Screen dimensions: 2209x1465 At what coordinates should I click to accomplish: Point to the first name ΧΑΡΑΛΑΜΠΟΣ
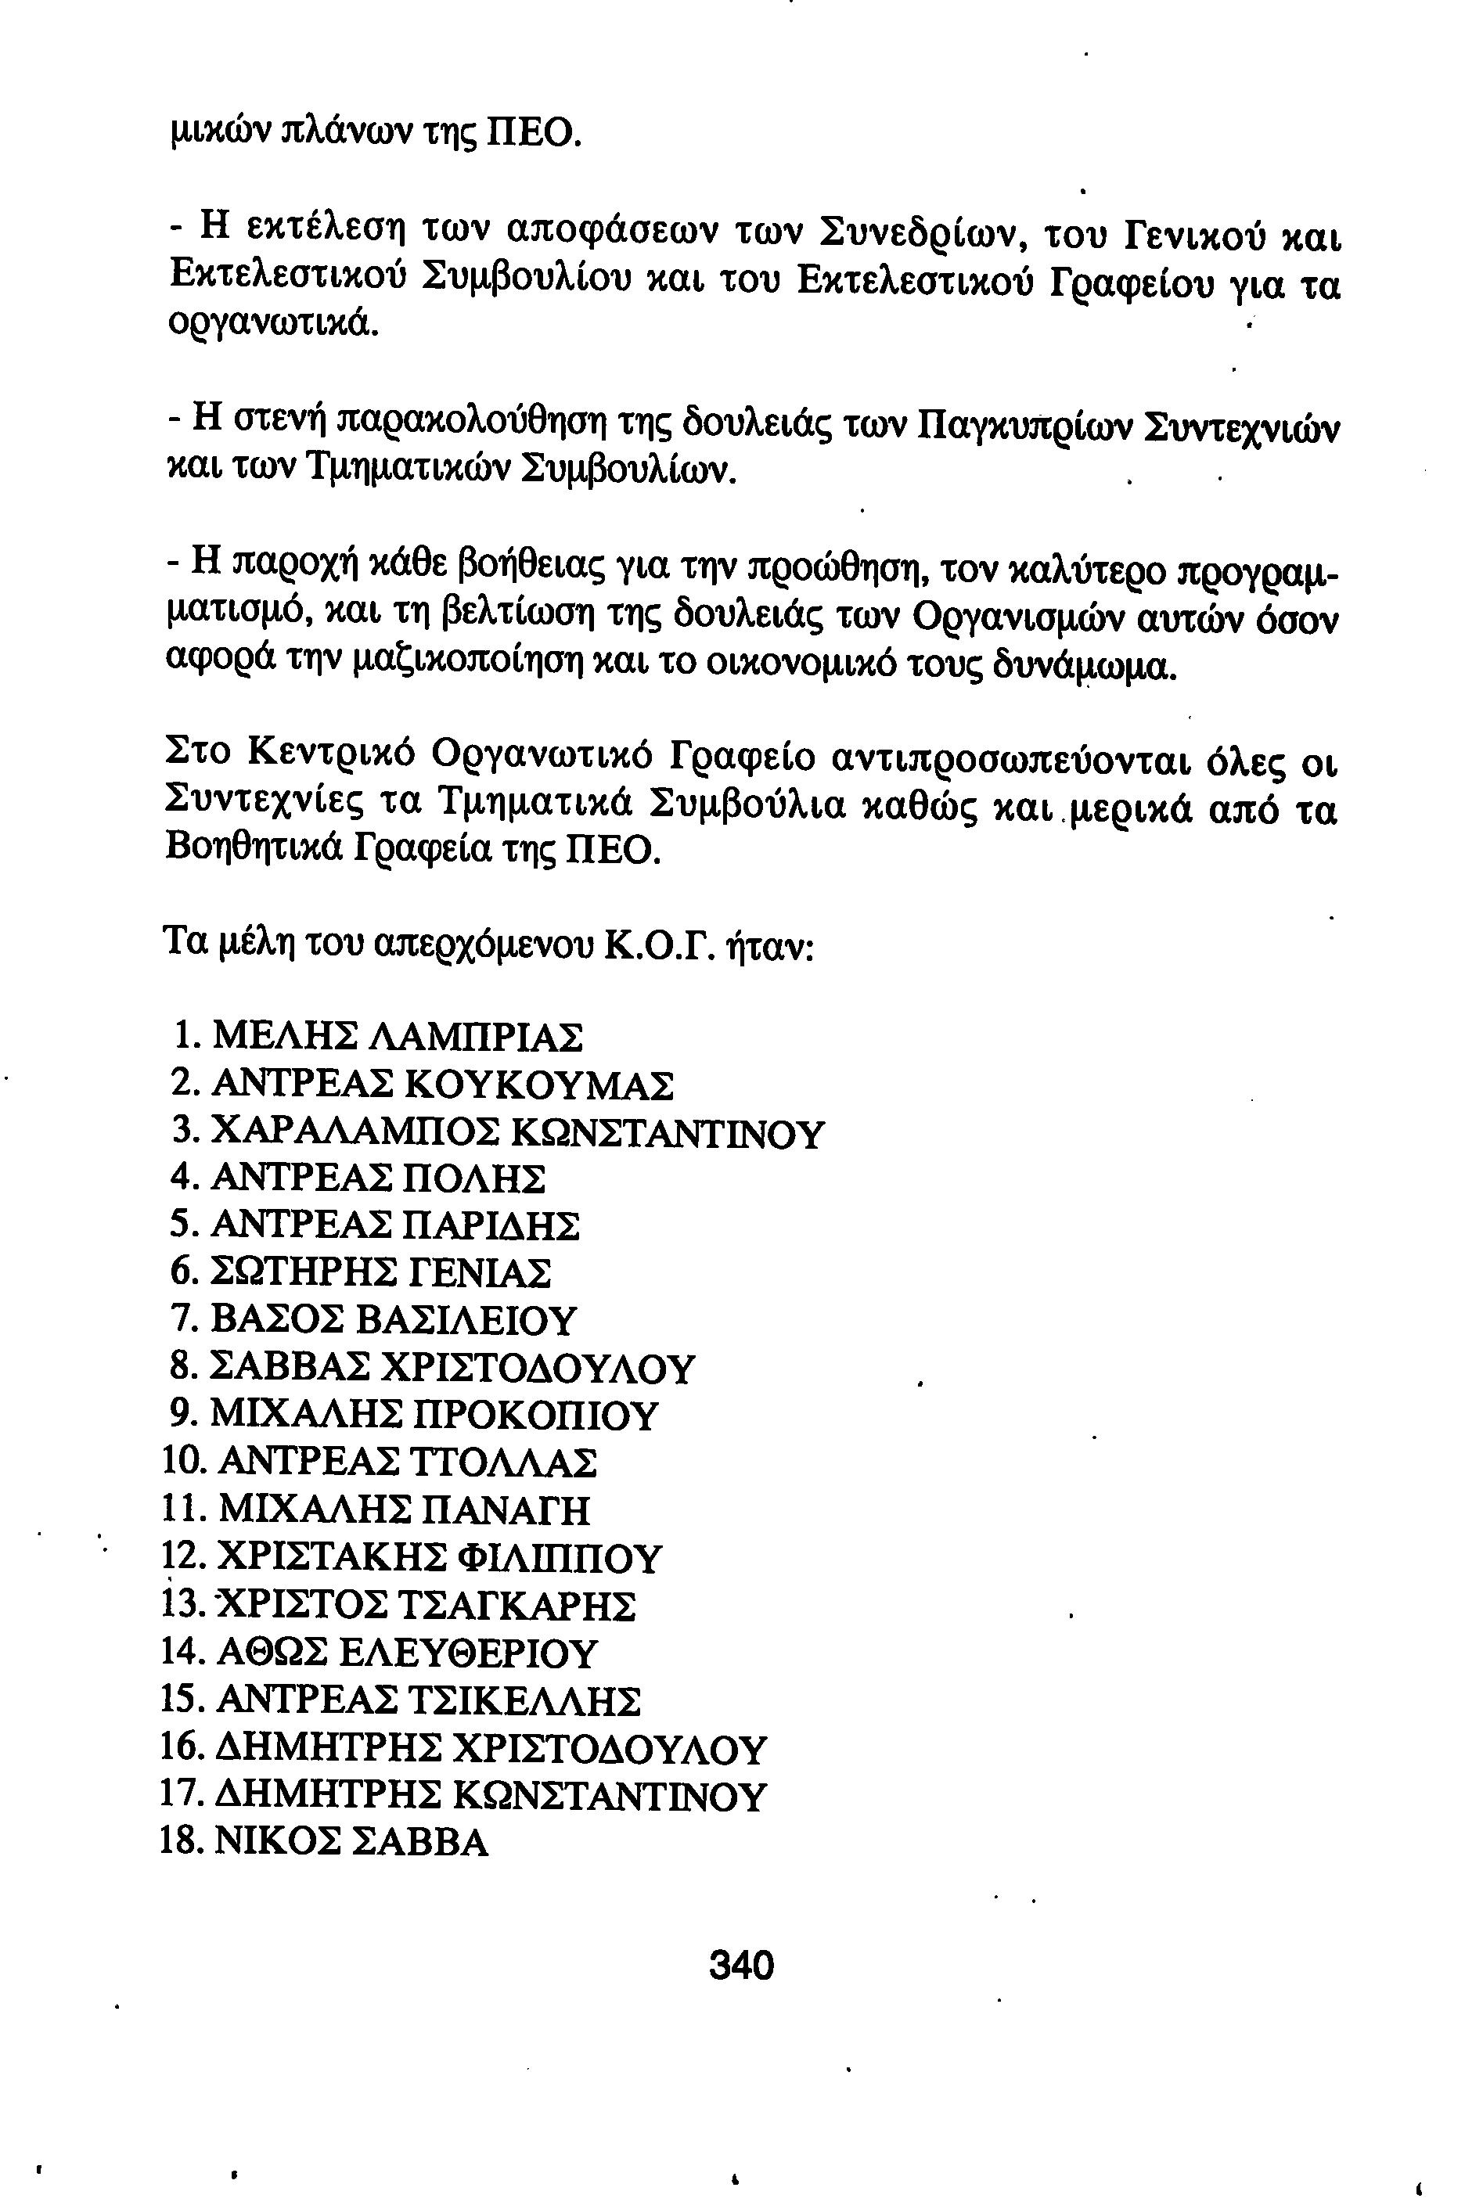coord(357,1133)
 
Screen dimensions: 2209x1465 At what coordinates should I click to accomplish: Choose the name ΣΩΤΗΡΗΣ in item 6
coord(303,1273)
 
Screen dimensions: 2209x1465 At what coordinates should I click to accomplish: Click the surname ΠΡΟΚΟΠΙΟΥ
coord(535,1415)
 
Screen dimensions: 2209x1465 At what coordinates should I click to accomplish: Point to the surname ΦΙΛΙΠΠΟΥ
coord(559,1557)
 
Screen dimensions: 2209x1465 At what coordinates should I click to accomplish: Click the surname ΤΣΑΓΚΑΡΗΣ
coord(516,1606)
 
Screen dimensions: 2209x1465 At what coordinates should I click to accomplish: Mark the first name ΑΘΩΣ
coord(273,1653)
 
